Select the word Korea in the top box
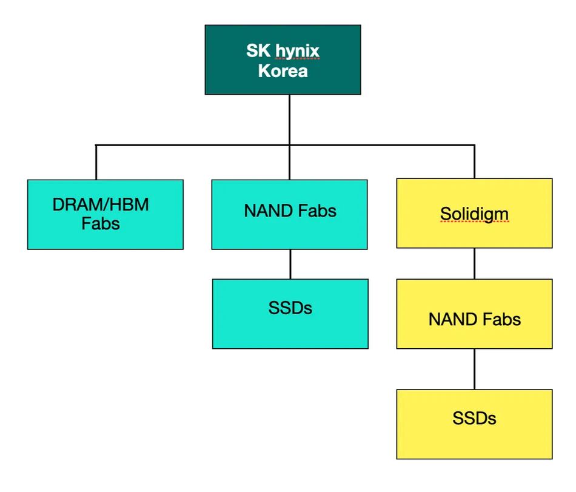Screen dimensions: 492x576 (283, 71)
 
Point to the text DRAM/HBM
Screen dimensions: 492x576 (101, 204)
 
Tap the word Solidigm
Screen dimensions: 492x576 (474, 214)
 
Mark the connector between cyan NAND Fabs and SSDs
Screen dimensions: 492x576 (290, 264)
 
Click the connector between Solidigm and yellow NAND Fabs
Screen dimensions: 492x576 (474, 263)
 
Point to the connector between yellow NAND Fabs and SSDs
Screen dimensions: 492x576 (474, 369)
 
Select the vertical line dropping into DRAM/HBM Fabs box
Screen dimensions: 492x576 (96, 163)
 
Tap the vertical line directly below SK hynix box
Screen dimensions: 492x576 (289, 120)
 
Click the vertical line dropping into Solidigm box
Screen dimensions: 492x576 (474, 162)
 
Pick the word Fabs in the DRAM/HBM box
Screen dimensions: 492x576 (101, 223)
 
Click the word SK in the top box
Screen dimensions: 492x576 (256, 50)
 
